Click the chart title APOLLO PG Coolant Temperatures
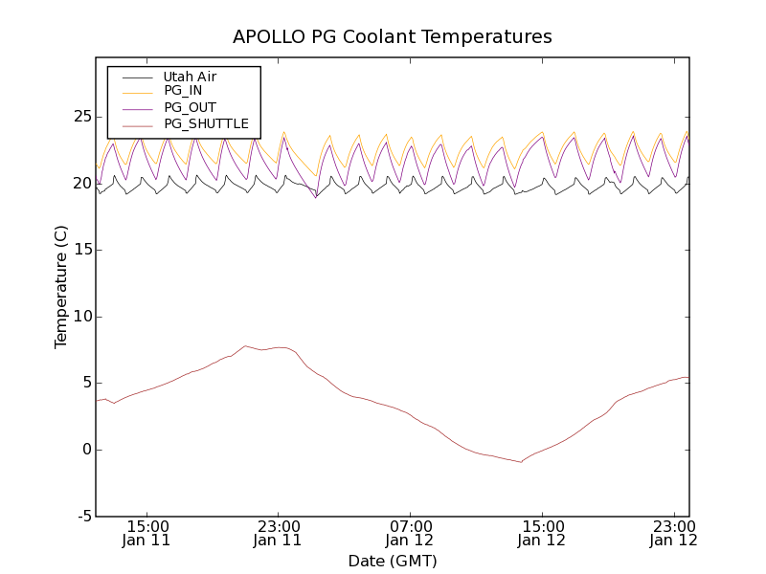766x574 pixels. click(x=393, y=37)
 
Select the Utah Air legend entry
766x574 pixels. click(x=190, y=77)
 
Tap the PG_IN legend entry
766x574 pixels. click(x=183, y=91)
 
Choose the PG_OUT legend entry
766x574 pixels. click(x=190, y=107)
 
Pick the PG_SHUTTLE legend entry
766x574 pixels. click(x=206, y=123)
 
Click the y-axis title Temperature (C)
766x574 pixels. click(x=61, y=287)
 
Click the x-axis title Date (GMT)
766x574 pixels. click(x=393, y=561)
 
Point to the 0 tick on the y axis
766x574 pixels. click(x=85, y=450)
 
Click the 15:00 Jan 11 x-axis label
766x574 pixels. click(x=147, y=533)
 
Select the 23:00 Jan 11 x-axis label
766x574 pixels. click(x=279, y=533)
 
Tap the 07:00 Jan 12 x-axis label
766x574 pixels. click(x=411, y=533)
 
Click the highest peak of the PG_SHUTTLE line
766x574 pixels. click(x=245, y=345)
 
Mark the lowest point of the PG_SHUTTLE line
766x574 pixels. click(x=522, y=462)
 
